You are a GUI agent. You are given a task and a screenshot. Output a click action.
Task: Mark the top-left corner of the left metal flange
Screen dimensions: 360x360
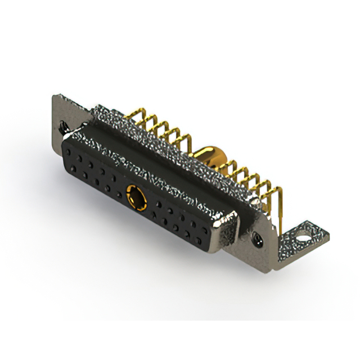[x=55, y=96]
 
